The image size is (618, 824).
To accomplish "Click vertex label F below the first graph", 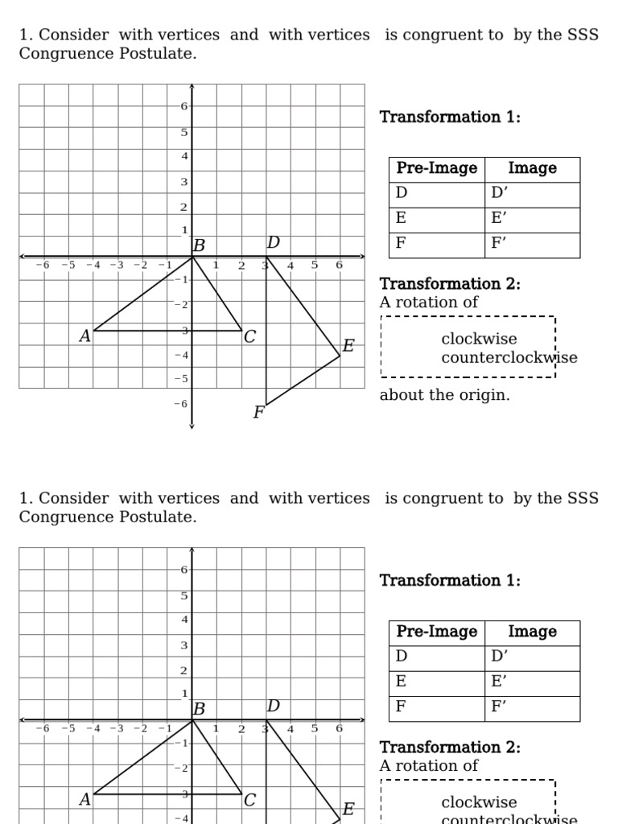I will pos(258,413).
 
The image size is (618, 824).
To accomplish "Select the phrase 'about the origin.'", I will pos(444,395).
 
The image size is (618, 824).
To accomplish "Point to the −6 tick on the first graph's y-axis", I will pos(181,404).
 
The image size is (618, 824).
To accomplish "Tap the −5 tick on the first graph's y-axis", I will pos(181,379).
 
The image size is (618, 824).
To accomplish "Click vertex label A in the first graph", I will pos(84,336).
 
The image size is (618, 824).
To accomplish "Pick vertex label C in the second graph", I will pos(249,800).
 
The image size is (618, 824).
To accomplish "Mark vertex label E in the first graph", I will pos(348,346).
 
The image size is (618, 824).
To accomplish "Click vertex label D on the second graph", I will pos(273,707).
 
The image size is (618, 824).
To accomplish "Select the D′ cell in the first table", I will pos(531,194).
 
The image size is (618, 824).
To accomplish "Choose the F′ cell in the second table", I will pos(531,708).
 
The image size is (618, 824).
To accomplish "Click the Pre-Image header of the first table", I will pos(436,168).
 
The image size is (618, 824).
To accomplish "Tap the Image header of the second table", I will pos(532,632).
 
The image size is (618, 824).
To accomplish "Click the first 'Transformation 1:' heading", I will pos(450,117).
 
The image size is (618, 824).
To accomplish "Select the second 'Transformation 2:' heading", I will pos(450,747).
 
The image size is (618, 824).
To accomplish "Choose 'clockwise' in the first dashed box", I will pos(479,339).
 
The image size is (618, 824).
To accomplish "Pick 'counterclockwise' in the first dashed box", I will pos(509,357).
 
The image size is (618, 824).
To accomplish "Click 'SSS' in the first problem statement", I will pos(579,35).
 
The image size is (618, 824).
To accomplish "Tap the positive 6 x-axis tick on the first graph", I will pos(339,266).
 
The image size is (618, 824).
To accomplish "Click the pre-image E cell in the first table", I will pos(436,219).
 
